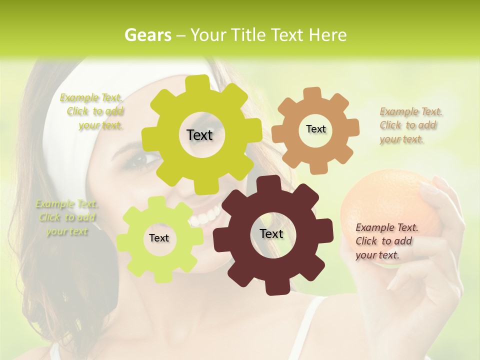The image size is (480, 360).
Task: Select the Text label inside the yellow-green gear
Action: click(199, 135)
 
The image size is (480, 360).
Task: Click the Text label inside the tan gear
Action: click(315, 129)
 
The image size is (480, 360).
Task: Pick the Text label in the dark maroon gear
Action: click(271, 233)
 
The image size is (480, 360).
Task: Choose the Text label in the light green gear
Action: click(159, 238)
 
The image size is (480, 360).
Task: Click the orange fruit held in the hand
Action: click(385, 200)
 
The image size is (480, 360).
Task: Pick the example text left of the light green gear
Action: click(67, 217)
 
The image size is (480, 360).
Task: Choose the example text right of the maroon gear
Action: click(386, 241)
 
